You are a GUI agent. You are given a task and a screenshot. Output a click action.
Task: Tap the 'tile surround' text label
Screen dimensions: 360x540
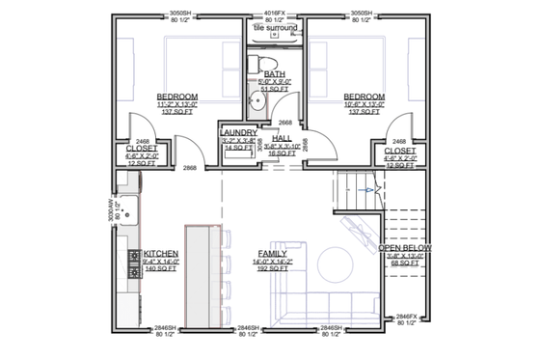click(276, 28)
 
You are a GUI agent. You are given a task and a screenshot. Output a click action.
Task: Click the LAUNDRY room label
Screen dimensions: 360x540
click(238, 132)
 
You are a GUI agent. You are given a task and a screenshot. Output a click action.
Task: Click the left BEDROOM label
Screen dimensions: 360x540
click(176, 97)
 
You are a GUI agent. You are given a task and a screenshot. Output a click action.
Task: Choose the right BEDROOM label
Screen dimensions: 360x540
click(364, 97)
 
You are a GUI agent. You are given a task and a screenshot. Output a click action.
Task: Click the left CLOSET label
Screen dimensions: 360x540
click(143, 149)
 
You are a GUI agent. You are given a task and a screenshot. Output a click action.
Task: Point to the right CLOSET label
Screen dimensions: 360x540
click(399, 152)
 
